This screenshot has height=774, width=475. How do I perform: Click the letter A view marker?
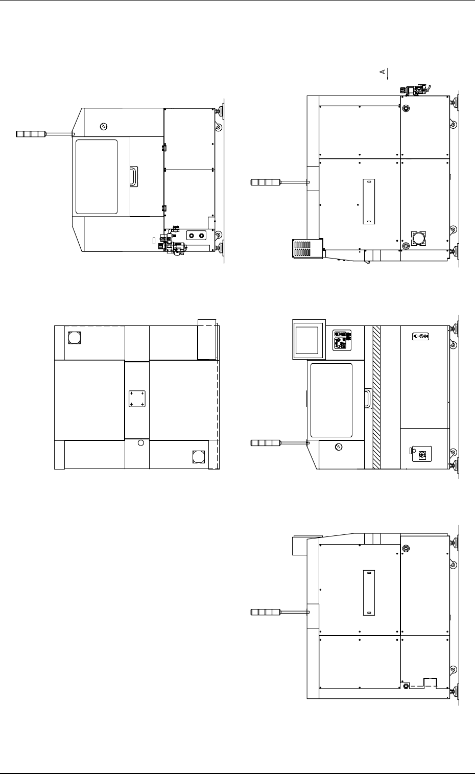coord(383,72)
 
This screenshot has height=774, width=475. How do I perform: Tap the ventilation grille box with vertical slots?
coord(307,248)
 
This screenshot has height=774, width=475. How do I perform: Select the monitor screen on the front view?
coord(307,340)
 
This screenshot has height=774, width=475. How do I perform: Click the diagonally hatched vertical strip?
coord(376,397)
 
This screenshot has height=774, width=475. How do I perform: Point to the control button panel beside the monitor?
coord(342,340)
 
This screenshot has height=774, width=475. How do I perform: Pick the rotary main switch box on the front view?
coord(422,454)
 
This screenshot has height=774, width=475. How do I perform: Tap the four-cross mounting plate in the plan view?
coord(137,398)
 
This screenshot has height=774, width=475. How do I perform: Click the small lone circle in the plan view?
coord(140,443)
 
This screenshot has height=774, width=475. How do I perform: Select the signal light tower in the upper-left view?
coord(45,134)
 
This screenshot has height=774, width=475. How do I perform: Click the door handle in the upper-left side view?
coord(134,177)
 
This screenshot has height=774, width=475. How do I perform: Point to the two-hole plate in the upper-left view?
coord(196,236)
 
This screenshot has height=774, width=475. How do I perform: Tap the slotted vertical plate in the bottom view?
coord(369,593)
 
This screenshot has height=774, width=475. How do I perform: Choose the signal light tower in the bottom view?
coord(280,612)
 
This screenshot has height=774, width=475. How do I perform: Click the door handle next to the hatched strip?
coord(368,398)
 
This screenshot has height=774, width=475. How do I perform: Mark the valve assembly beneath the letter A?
coord(415,90)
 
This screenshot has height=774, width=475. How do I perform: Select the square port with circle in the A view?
coord(418,239)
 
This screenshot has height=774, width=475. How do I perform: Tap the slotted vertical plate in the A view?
coord(369,201)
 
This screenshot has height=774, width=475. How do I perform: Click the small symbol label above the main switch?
coord(420,336)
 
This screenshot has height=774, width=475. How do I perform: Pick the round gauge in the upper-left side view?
coord(103,127)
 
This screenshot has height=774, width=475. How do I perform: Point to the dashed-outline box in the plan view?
coord(206,340)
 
